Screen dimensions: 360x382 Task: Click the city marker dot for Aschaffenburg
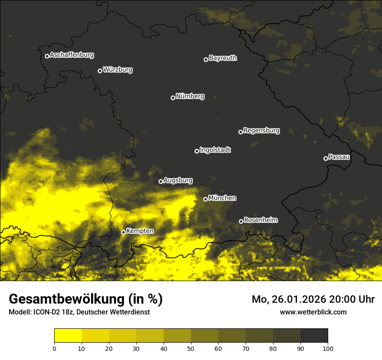[47, 56]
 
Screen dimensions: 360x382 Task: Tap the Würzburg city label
[118, 70]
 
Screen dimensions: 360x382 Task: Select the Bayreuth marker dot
[206, 59]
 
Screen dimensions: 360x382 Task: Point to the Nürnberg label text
[190, 96]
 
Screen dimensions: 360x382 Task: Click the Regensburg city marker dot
[240, 132]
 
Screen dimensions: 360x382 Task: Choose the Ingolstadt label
[215, 150]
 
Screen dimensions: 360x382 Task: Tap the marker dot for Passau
[326, 158]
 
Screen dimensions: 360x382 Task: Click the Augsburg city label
[178, 180]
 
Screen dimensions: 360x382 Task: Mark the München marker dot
[205, 199]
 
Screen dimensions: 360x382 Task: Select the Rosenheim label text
[260, 220]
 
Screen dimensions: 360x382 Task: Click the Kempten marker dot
[123, 232]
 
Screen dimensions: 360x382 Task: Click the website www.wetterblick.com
[313, 312]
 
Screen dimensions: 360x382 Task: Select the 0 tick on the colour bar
[54, 348]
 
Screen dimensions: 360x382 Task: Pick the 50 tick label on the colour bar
[191, 348]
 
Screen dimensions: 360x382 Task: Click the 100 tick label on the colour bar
[328, 348]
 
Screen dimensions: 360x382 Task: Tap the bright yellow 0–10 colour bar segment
[68, 335]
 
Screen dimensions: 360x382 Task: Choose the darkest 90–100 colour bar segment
[314, 335]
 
